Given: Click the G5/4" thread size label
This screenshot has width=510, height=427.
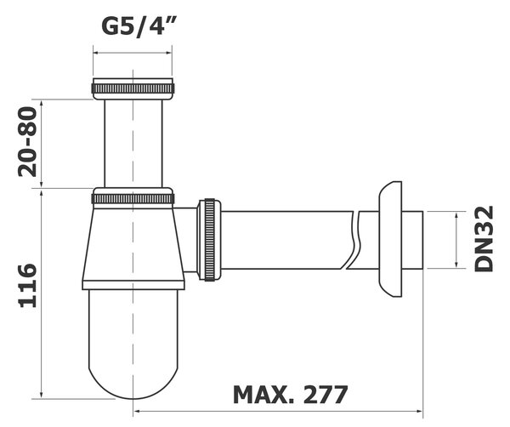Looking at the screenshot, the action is tap(139, 26).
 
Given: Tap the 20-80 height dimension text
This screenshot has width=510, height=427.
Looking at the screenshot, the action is tap(28, 142).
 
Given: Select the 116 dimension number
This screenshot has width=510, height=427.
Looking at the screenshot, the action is tap(28, 286).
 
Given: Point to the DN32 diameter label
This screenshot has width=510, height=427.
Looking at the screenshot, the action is tap(484, 239).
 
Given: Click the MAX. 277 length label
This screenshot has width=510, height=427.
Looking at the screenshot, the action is tap(291, 395).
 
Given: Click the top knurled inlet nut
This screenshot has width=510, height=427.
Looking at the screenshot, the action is tap(133, 88).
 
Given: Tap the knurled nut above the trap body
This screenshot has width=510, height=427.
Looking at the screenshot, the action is tap(133, 198).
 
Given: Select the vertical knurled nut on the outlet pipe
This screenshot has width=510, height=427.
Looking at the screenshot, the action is tap(209, 240).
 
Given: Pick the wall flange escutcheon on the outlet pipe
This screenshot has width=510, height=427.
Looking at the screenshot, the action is tap(390, 239).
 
